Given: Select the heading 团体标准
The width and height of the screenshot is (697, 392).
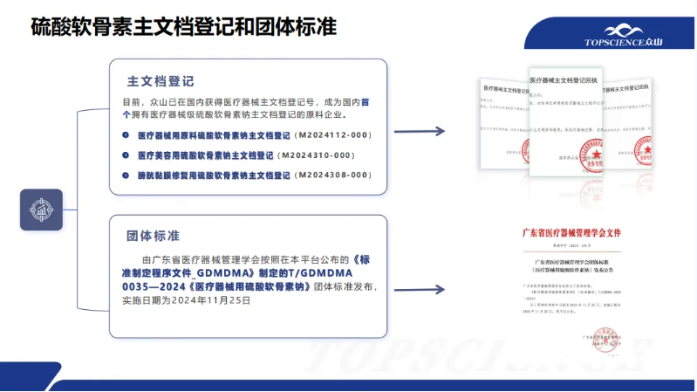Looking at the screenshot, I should (x=154, y=237).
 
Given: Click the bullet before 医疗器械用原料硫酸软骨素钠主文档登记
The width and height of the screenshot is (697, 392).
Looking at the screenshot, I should (x=127, y=135).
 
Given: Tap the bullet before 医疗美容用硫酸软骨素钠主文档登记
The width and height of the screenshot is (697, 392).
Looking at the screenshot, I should (x=127, y=155).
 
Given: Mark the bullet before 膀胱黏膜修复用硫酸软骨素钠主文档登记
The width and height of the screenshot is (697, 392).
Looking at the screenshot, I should (x=127, y=175).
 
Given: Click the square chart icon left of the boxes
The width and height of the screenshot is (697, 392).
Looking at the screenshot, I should (x=41, y=210).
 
